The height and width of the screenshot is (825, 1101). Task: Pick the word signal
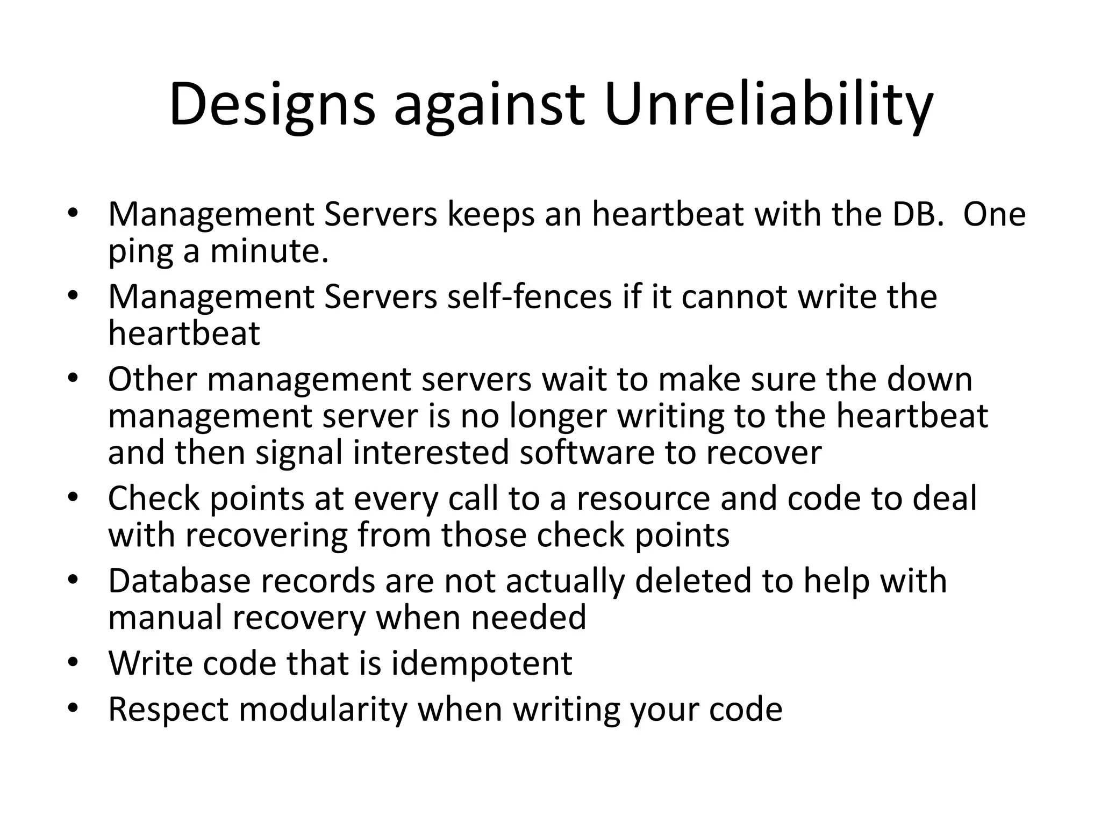point(299,453)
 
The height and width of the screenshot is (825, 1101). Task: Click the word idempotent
point(481,664)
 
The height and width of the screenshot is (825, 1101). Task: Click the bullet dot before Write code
point(73,663)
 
